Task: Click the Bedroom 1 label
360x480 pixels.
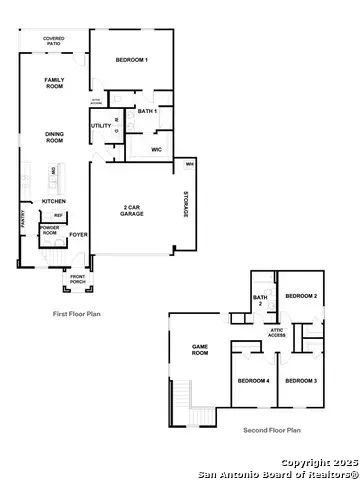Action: tap(132, 61)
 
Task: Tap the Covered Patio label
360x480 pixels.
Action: tap(56, 42)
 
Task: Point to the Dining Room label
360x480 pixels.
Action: tap(54, 137)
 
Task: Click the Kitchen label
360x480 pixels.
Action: tap(54, 201)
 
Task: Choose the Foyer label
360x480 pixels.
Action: tap(78, 236)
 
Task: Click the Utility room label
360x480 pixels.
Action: tap(101, 125)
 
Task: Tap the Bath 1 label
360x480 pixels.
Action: tap(145, 111)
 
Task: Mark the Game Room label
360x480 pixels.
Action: tap(199, 350)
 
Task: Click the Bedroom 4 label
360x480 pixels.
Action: tap(253, 381)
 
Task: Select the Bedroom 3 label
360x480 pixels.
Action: tap(301, 381)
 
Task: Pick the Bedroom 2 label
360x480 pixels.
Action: tap(301, 296)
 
